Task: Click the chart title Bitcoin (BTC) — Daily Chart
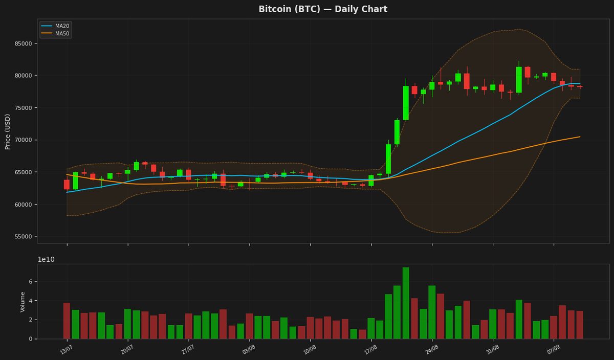click(323, 9)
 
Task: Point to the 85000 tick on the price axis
click(24, 43)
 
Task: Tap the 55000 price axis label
click(24, 236)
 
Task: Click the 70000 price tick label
click(24, 140)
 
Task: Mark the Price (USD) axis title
click(7, 132)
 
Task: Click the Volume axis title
click(23, 302)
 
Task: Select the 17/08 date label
click(370, 350)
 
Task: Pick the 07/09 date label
click(553, 350)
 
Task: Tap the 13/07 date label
click(67, 350)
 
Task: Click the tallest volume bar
click(406, 303)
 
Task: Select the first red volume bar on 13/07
click(67, 321)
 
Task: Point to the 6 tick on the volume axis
click(30, 281)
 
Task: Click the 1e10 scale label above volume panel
click(46, 259)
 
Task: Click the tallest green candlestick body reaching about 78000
click(406, 103)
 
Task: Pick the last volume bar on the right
click(580, 325)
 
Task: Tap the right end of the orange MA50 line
click(580, 137)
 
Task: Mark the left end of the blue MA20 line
click(67, 192)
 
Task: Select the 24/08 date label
click(431, 350)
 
